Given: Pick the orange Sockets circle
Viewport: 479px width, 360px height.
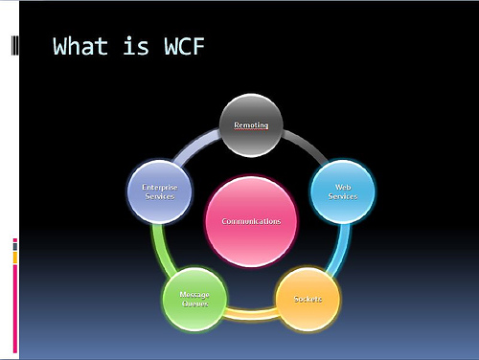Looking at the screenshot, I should click(x=308, y=299).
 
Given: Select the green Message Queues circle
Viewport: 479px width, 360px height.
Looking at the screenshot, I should click(x=195, y=300).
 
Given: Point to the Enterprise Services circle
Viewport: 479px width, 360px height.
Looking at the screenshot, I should click(x=159, y=191).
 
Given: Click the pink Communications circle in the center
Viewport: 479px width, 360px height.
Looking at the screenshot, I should click(x=251, y=221).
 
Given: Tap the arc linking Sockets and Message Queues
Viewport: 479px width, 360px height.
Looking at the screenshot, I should click(x=251, y=313).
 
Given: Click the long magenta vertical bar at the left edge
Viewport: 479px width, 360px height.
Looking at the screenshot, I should click(x=14, y=306).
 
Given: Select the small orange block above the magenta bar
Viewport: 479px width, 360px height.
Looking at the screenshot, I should click(x=14, y=258).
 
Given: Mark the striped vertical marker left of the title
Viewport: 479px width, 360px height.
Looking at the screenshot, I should click(x=13, y=46).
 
